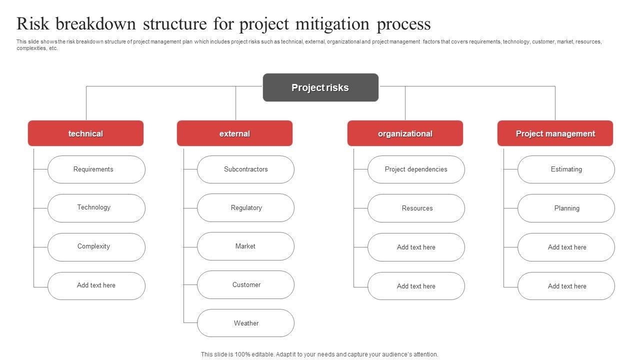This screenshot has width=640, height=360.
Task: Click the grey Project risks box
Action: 320,87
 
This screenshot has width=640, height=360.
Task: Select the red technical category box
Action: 85,133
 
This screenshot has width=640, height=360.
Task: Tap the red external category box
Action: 234,133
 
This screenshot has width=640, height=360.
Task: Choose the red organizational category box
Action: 405,133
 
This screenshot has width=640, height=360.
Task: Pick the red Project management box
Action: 555,133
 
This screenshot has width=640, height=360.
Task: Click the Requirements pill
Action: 96,169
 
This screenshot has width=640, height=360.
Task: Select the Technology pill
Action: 96,208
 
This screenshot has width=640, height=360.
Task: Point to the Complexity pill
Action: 96,247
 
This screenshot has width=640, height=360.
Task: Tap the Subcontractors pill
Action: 245,169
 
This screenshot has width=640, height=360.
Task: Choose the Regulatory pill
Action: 245,207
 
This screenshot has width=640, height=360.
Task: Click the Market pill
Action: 245,246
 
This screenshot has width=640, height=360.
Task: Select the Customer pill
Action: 245,285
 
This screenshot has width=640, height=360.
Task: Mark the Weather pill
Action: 245,323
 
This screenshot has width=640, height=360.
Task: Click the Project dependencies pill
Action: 416,169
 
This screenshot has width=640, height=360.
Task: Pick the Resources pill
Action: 416,208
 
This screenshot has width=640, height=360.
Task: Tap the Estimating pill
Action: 566,169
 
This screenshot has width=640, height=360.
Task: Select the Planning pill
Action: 566,208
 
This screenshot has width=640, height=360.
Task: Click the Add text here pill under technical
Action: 96,286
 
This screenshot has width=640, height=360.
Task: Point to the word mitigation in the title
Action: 332,24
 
